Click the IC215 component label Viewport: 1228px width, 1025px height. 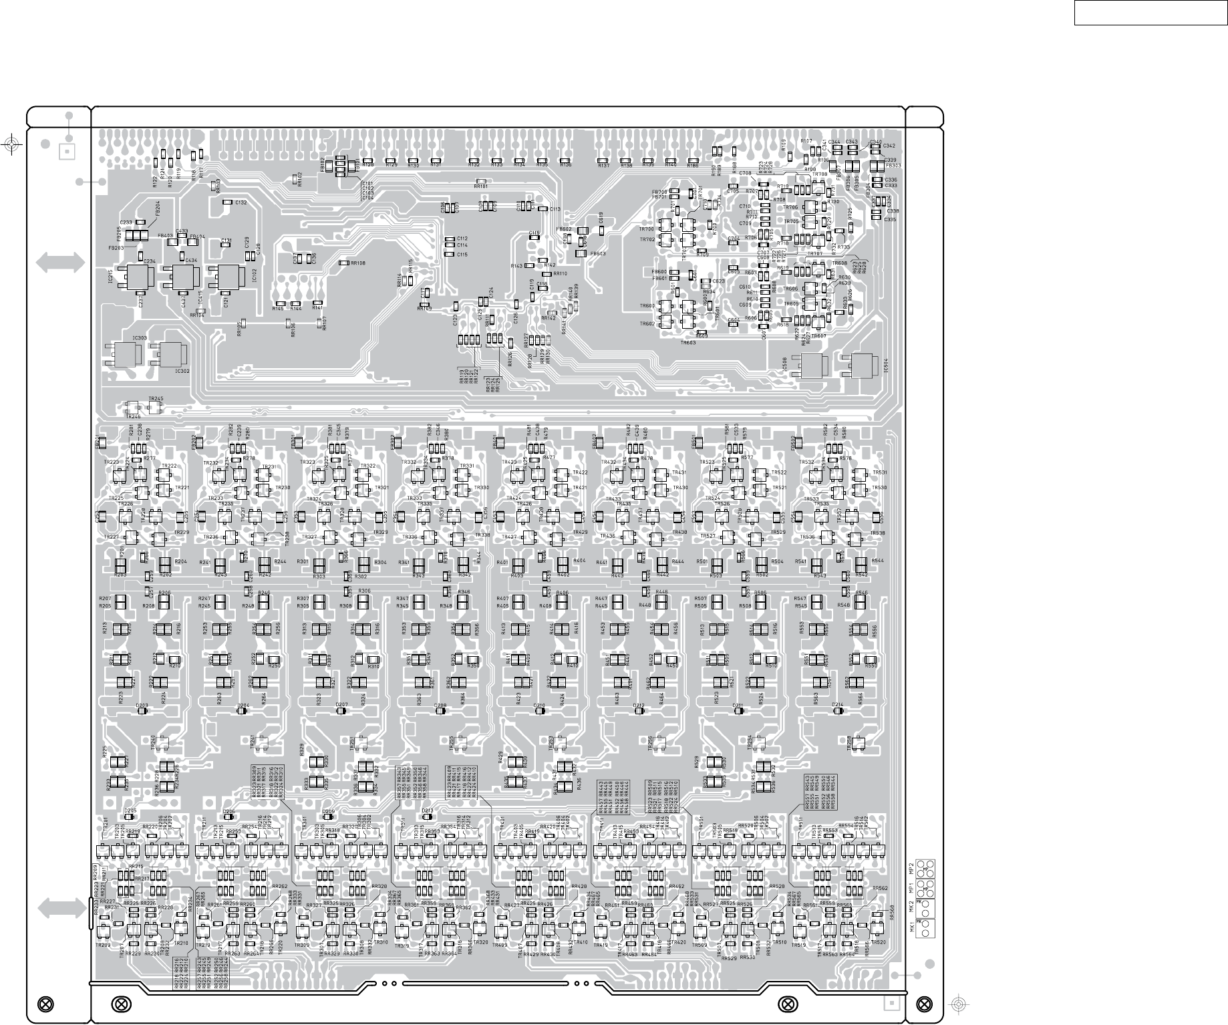110,278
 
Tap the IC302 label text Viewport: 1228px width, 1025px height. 182,371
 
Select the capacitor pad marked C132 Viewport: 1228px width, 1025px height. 227,202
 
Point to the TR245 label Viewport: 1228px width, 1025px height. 156,399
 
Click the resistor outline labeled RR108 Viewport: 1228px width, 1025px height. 345,263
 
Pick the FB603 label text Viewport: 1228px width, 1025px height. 597,254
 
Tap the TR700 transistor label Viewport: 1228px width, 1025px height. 646,229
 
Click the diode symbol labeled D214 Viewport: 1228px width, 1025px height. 838,711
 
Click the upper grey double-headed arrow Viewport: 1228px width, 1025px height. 61,263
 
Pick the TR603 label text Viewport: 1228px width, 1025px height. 688,343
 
